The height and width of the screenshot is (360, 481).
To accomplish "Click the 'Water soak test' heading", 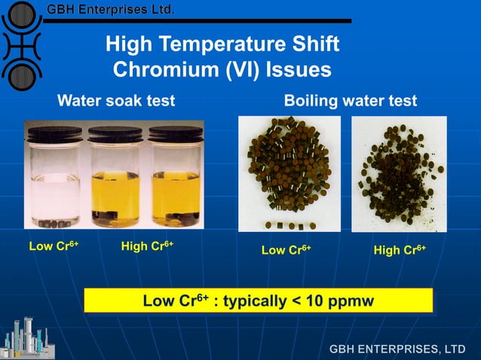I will point(116,100).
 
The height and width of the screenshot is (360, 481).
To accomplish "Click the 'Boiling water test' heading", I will point(350,100).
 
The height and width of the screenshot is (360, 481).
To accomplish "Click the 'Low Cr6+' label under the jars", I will point(54,246).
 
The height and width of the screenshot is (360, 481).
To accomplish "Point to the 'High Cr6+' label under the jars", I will point(147,246).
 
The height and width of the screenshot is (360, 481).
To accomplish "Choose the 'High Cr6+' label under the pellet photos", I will point(400,249).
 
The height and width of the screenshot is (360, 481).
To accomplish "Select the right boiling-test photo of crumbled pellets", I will point(399,173).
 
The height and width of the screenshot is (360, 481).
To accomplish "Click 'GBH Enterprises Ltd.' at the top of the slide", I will point(111,10).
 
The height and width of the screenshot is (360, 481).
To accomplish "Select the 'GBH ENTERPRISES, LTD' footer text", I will point(397,349).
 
